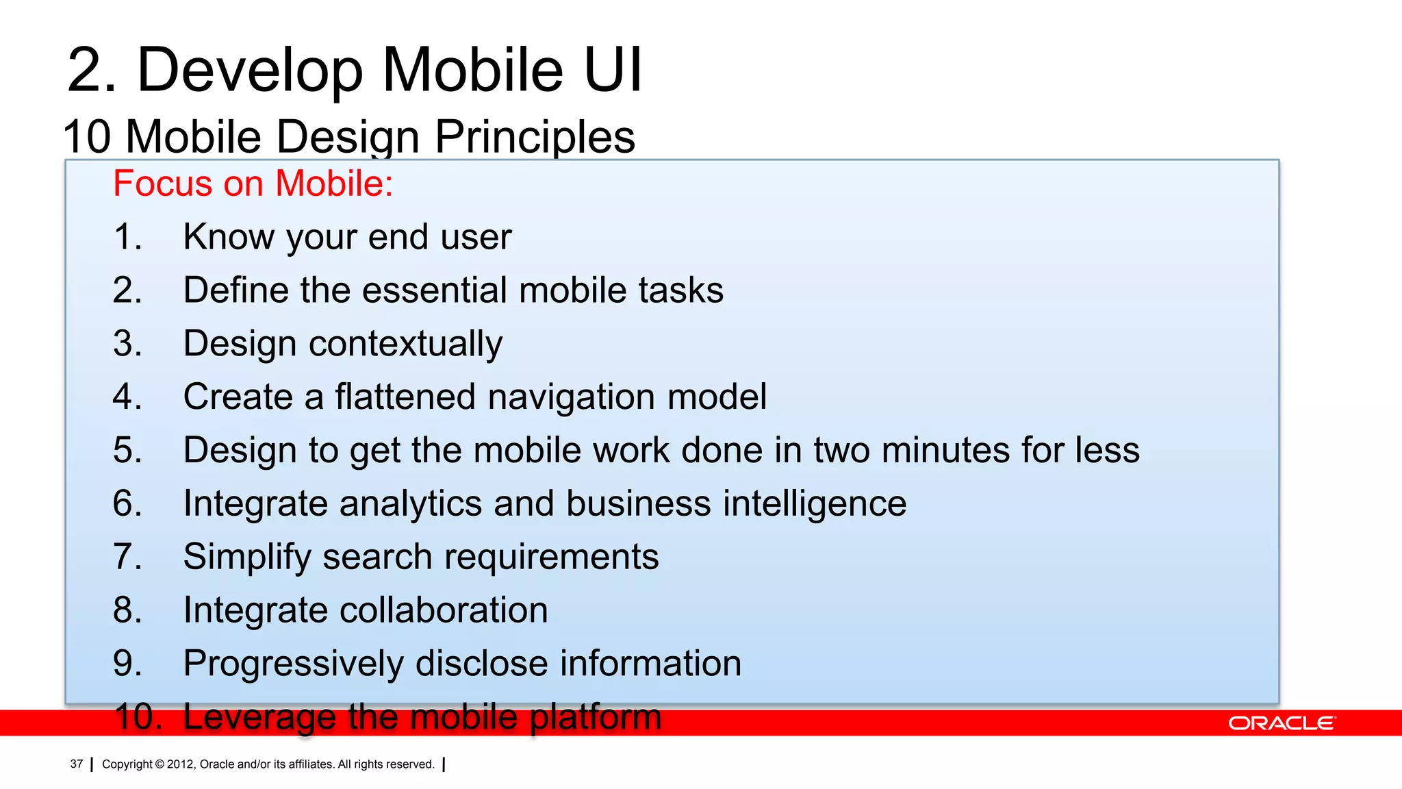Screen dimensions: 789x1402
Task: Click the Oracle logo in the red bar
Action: pos(1281,723)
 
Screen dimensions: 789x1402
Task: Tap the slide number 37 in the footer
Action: pos(77,764)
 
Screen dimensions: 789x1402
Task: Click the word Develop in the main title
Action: pos(250,71)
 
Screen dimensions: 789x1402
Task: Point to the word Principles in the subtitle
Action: pos(535,136)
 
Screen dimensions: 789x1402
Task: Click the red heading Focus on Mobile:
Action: pos(253,184)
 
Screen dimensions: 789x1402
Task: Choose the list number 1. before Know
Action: pos(127,237)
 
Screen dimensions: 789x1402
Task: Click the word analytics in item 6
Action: pos(411,503)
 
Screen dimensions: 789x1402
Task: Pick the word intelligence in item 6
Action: pos(815,503)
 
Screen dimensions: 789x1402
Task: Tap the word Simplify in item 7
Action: pos(247,557)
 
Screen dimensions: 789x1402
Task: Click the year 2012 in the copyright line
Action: pos(181,764)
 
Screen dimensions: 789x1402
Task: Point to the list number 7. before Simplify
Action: pos(127,556)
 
